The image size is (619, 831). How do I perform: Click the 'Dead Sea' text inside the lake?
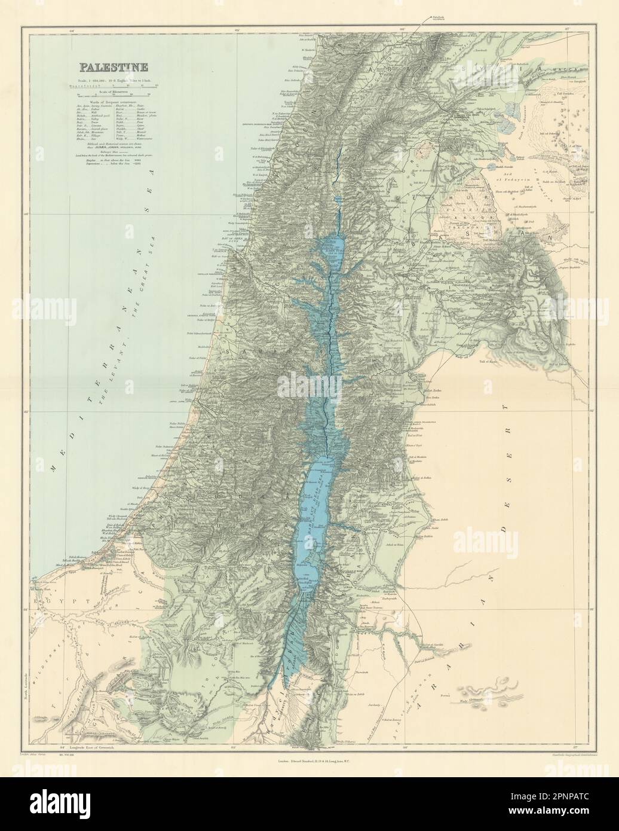(x=327, y=490)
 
